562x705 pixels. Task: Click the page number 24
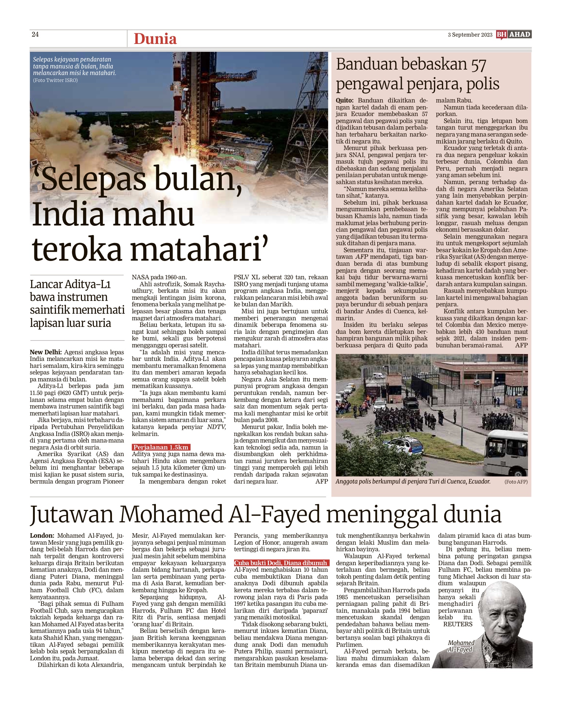(35, 34)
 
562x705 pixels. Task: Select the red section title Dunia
(155, 39)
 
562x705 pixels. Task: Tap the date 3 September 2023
(470, 35)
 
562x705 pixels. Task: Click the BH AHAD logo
(513, 34)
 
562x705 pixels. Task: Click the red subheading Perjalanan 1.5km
(161, 447)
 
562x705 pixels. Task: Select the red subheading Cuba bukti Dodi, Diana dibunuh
(281, 563)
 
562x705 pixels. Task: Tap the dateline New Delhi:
(46, 352)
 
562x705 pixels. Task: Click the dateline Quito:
(345, 100)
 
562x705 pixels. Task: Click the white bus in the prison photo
(505, 453)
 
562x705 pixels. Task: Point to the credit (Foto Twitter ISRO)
(55, 80)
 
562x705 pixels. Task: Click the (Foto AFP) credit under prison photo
(516, 482)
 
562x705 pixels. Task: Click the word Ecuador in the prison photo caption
(479, 481)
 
